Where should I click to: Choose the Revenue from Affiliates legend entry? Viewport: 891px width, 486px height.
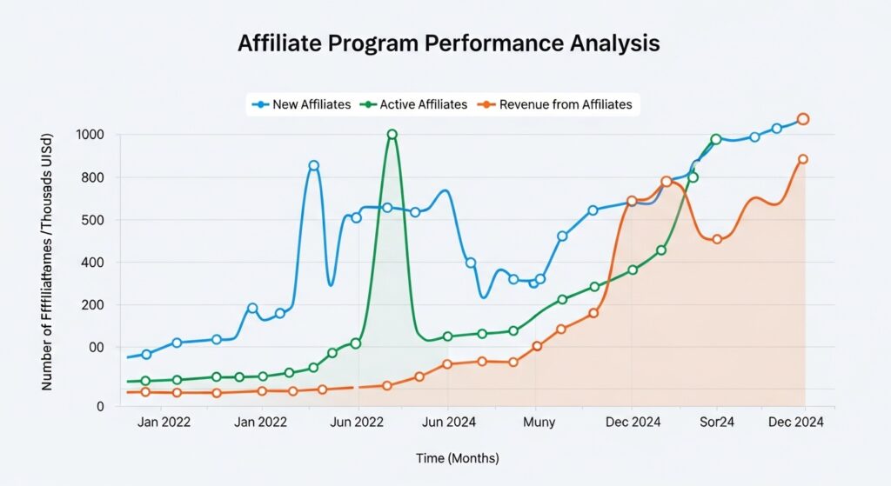point(558,104)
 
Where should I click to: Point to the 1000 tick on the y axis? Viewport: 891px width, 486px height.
point(90,135)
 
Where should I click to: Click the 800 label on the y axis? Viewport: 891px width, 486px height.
point(92,177)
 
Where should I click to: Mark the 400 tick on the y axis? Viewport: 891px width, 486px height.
point(92,263)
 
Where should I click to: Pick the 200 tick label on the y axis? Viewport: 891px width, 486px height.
point(92,305)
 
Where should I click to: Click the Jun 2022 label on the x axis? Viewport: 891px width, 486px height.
point(358,422)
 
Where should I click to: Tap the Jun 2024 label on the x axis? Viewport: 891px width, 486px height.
point(448,422)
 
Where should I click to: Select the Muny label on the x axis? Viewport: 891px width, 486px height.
point(539,422)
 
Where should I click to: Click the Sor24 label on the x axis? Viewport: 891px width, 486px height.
point(716,422)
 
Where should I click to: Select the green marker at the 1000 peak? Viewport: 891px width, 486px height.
point(392,135)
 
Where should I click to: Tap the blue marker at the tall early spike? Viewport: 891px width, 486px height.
point(314,165)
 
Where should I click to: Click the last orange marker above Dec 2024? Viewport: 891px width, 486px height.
point(803,159)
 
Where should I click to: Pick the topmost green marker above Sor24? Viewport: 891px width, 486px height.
point(716,139)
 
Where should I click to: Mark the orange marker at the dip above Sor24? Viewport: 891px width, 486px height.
point(717,239)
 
